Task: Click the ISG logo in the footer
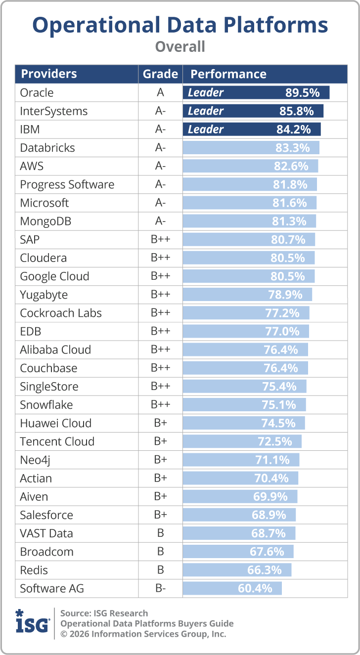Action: click(33, 621)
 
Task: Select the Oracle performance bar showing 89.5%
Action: click(256, 92)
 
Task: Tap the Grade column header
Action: click(160, 74)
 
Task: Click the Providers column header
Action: click(48, 74)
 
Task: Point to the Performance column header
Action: click(228, 74)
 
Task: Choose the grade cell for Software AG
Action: click(160, 588)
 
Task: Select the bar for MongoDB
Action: click(249, 221)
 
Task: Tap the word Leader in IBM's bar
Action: click(206, 130)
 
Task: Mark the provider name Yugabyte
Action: click(44, 295)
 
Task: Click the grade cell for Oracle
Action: click(160, 92)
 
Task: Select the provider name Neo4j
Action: click(35, 460)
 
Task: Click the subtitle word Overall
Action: click(180, 46)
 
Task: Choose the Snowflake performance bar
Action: click(244, 405)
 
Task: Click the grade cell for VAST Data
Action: click(160, 533)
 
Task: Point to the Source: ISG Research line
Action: click(104, 613)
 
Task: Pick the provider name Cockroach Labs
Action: click(61, 313)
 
